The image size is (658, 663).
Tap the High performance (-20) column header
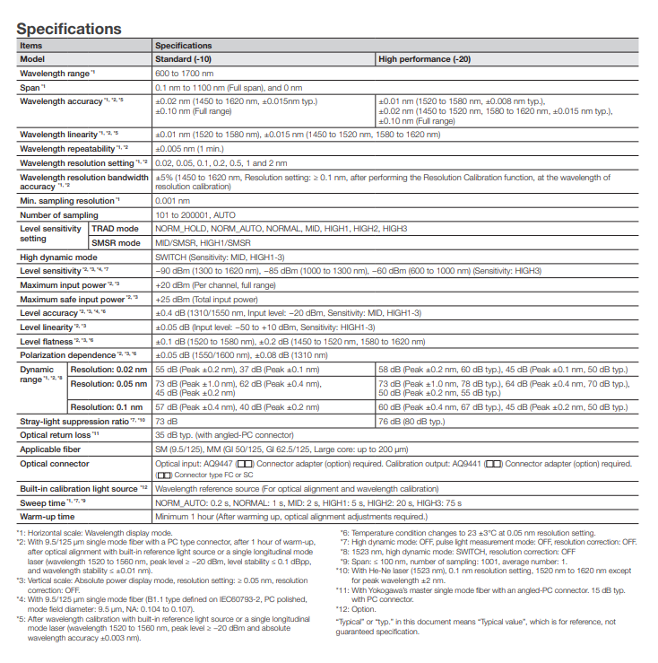point(424,58)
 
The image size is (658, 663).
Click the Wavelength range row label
point(56,73)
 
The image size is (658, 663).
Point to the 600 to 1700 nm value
point(185,73)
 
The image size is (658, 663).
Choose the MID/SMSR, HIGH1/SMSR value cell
point(202,243)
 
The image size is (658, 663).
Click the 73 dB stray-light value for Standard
point(166,421)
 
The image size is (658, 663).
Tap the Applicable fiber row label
point(52,449)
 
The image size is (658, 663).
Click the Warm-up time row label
point(48,518)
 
